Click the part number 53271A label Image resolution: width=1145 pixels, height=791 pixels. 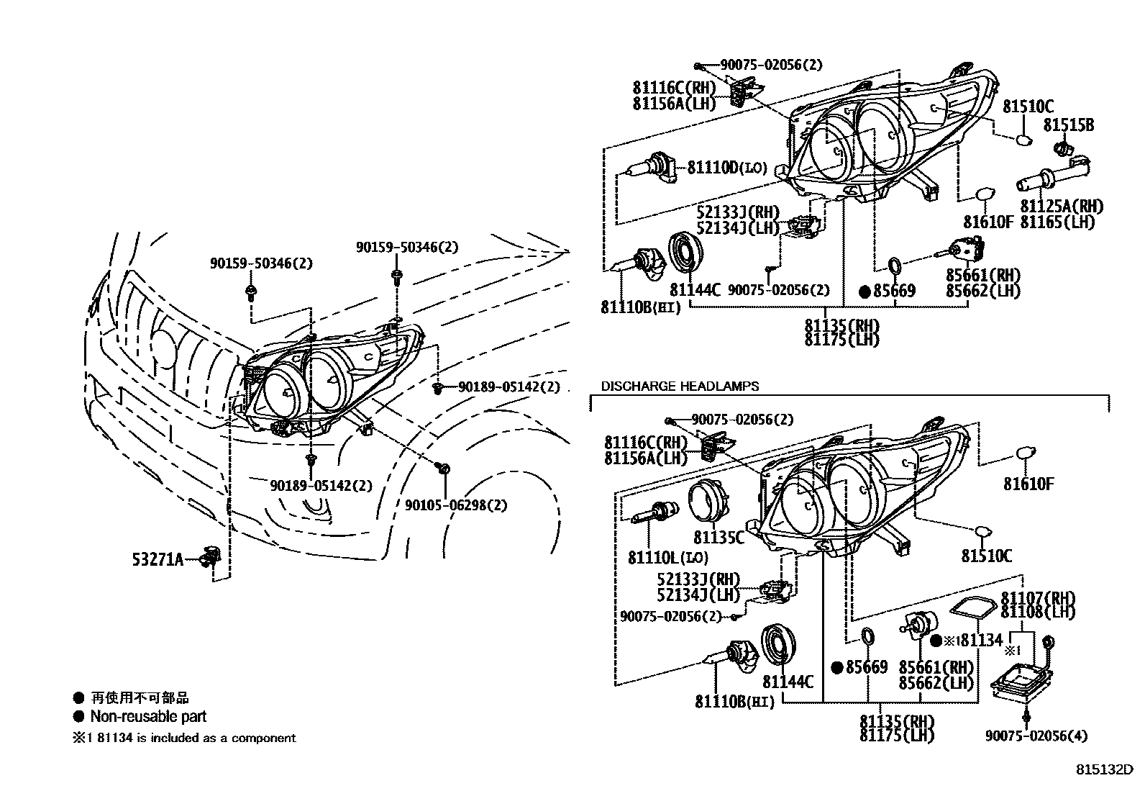pyautogui.click(x=157, y=559)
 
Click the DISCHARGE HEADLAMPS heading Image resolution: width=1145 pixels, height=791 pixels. pyautogui.click(x=680, y=387)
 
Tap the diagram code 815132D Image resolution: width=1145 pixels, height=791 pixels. pyautogui.click(x=1104, y=769)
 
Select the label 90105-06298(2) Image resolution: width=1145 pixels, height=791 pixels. pyautogui.click(x=455, y=506)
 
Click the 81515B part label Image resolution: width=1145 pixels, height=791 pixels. pyautogui.click(x=1069, y=125)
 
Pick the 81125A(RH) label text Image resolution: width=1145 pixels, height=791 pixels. pyautogui.click(x=1062, y=207)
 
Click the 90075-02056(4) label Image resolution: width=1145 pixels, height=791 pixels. pyautogui.click(x=1036, y=736)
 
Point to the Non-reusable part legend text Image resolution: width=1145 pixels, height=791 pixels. pyautogui.click(x=148, y=717)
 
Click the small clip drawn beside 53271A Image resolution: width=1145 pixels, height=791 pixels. pyautogui.click(x=210, y=556)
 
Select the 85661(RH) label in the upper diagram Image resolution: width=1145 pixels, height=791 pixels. pyautogui.click(x=982, y=275)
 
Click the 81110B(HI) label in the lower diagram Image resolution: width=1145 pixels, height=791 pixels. pyautogui.click(x=734, y=702)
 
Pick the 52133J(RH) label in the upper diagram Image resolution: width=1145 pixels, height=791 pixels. pyautogui.click(x=738, y=212)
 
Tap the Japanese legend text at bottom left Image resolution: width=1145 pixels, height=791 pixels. pyautogui.click(x=140, y=697)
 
